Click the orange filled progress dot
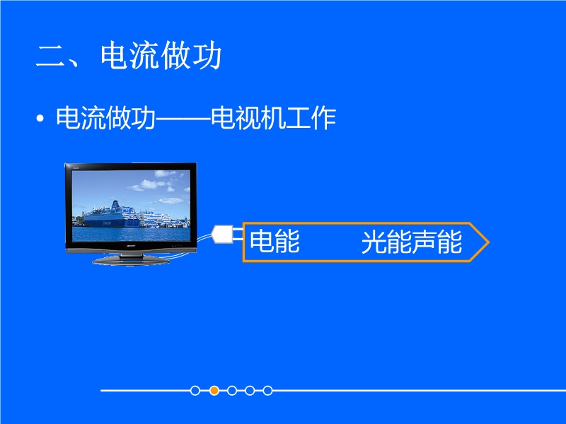[214, 391]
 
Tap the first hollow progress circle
[195, 391]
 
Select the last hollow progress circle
[267, 391]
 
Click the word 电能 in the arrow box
[275, 242]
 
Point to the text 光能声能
[412, 242]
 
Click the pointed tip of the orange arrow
[489, 242]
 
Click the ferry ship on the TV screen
[112, 216]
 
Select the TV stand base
[131, 260]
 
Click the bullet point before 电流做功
[40, 119]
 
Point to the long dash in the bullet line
[183, 118]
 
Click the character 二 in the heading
[50, 56]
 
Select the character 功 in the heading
[207, 55]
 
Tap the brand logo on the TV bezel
[131, 245]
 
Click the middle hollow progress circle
[232, 391]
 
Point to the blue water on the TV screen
[131, 234]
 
